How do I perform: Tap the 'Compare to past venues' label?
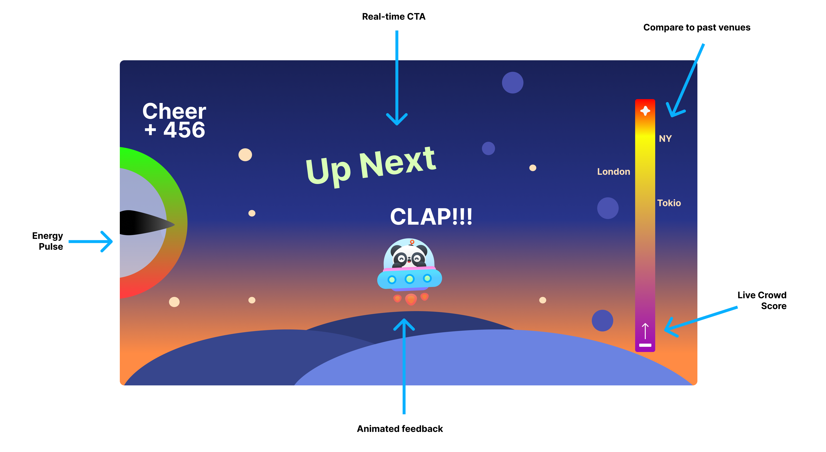coord(696,28)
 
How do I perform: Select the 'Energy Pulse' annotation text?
coord(48,241)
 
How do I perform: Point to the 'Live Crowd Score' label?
coord(762,300)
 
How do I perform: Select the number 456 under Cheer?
coord(184,130)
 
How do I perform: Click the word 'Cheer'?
coord(174,111)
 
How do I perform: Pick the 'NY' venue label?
coord(665,139)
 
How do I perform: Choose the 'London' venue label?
coord(613,172)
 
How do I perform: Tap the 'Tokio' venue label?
coord(669,203)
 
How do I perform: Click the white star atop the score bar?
coord(645,111)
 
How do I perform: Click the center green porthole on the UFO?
coord(410,279)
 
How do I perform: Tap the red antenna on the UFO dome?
coord(412,242)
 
